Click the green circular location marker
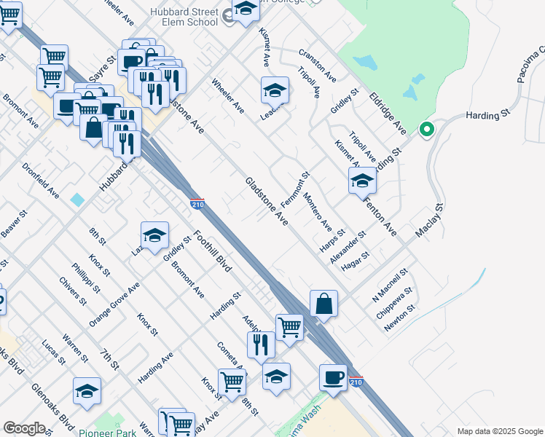click(427, 130)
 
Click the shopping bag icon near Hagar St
click(324, 304)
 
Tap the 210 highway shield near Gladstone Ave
click(197, 204)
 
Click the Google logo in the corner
click(24, 428)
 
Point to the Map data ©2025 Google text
click(499, 431)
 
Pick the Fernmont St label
click(295, 188)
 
